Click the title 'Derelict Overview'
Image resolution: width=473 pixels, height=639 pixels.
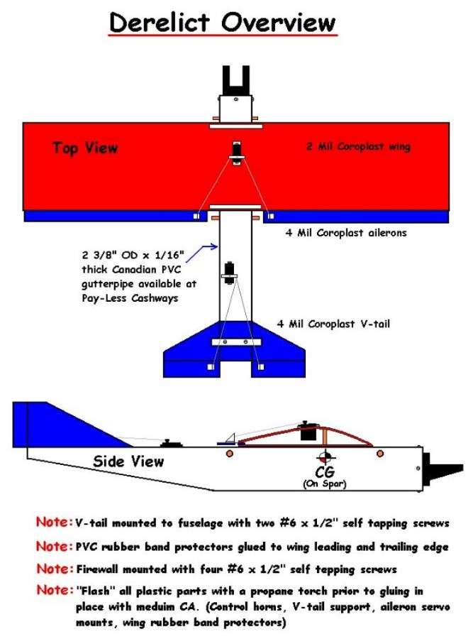coord(223,22)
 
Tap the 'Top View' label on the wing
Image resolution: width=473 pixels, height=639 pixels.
coord(85,148)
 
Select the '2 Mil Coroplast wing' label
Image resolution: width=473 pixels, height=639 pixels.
coord(358,146)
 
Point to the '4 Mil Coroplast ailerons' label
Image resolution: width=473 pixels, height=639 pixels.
coord(346,233)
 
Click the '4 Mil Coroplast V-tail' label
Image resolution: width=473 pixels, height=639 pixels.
coord(333,324)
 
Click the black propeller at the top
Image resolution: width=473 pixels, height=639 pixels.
coord(235,80)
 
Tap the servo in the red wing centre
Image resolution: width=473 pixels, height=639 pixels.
coord(236,153)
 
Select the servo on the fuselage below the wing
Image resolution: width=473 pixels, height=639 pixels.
coord(230,274)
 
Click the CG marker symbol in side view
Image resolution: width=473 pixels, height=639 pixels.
coord(326,457)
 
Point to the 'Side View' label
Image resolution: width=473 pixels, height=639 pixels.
coord(128,461)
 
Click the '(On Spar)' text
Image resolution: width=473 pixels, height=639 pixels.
coord(324,484)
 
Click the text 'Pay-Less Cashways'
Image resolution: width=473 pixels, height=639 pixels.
coord(130,298)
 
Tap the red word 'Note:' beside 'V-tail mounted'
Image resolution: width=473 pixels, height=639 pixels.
coord(55,522)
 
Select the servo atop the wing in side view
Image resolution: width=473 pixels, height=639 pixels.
coord(307,430)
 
